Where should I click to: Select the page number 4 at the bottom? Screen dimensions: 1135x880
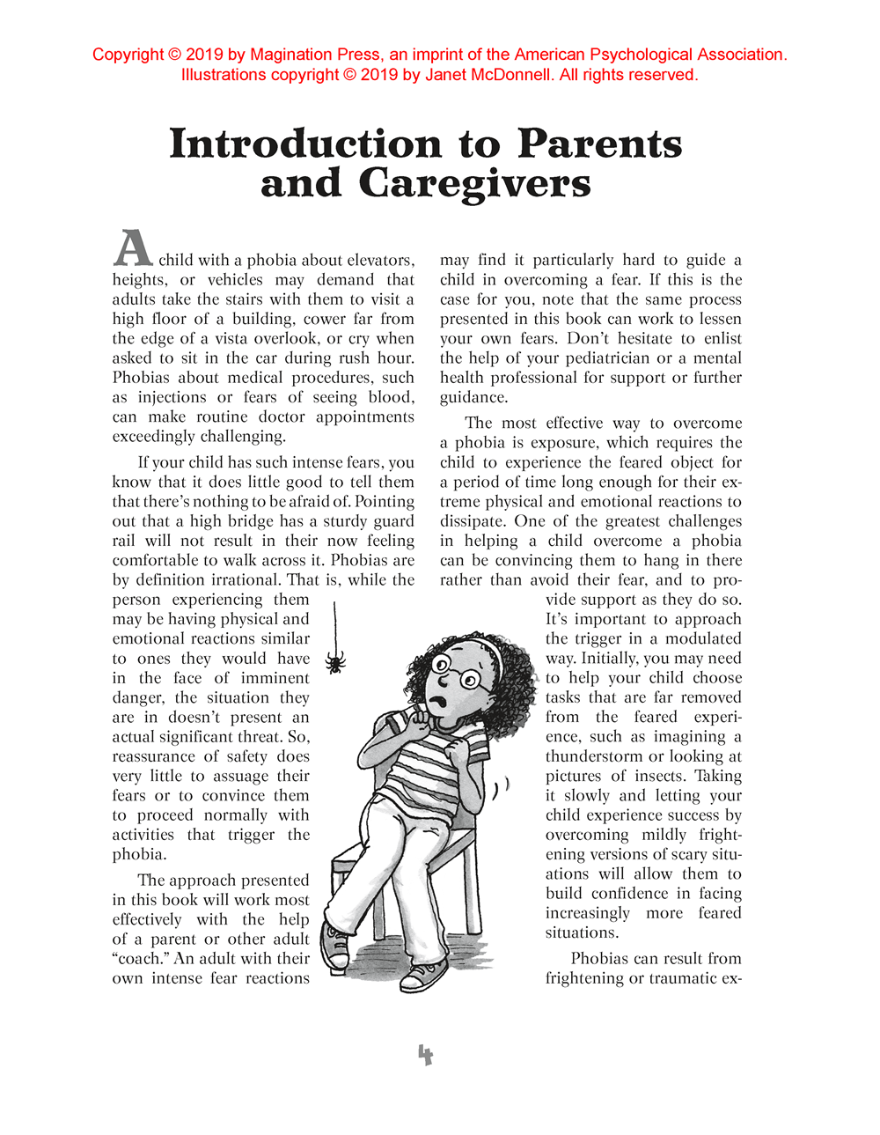426,1055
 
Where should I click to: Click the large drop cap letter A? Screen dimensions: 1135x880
133,248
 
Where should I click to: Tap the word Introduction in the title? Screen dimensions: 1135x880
305,144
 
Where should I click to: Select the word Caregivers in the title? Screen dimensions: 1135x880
474,184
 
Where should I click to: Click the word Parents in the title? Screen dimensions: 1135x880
599,144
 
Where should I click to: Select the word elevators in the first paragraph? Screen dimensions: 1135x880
380,260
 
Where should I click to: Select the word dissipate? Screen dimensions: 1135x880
473,520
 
